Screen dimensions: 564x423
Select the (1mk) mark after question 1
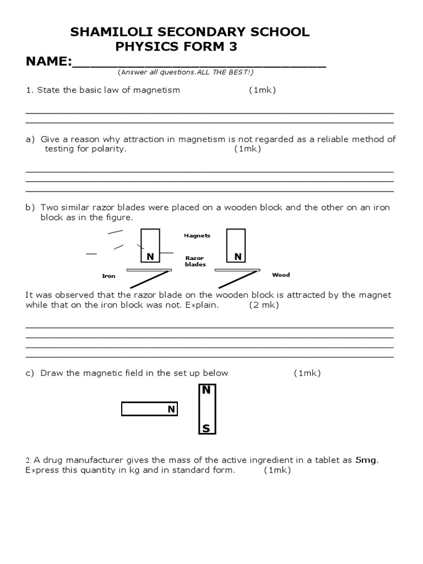click(262, 90)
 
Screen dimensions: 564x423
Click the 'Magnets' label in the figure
click(197, 236)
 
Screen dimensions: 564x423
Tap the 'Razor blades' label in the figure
click(195, 261)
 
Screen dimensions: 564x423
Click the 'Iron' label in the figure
click(109, 276)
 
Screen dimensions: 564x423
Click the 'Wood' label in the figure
click(281, 275)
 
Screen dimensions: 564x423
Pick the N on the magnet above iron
click(149, 257)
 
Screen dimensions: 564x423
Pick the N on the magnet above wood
click(237, 257)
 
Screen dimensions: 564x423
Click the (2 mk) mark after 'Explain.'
click(264, 305)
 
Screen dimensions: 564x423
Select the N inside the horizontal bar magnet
click(171, 409)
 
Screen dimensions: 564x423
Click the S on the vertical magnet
click(206, 429)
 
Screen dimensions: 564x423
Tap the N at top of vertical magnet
click(206, 391)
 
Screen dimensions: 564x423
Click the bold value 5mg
click(367, 460)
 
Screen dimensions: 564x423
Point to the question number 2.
click(28, 460)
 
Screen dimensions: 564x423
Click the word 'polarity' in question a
click(109, 149)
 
